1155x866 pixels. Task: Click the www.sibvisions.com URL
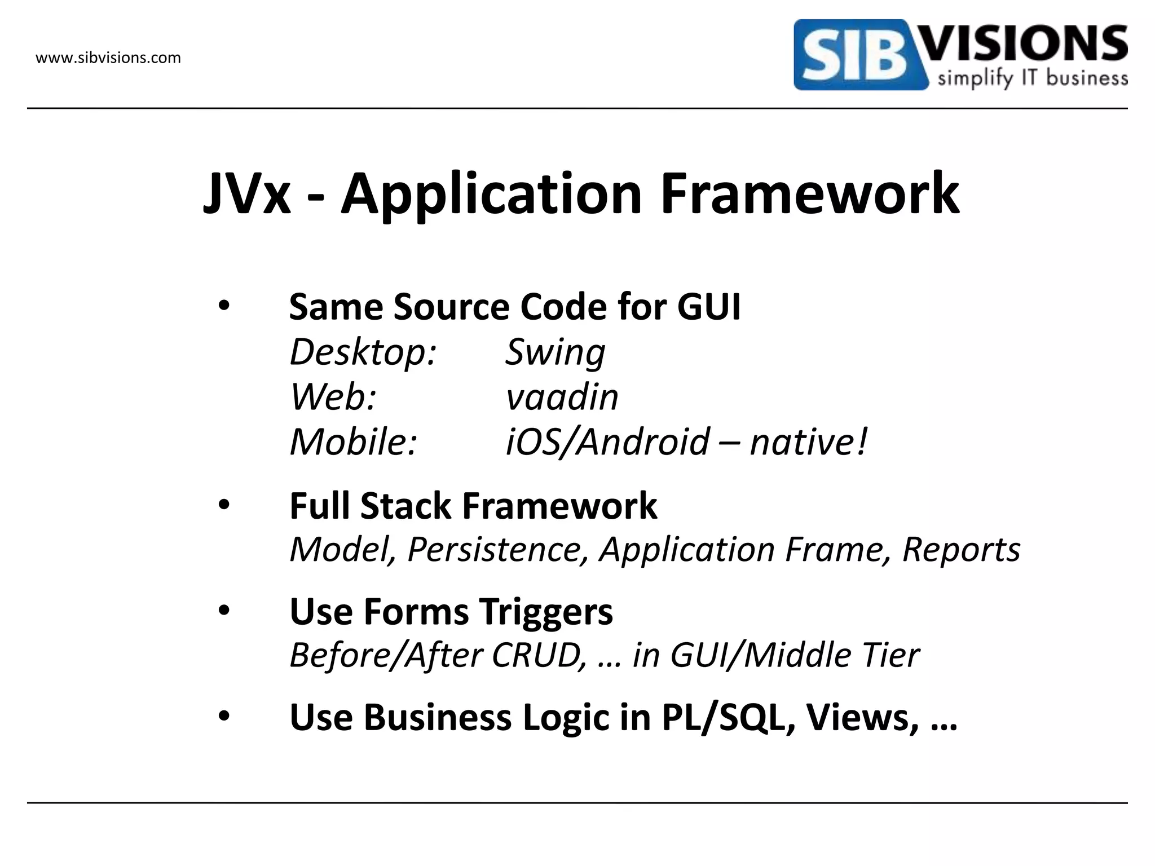(108, 58)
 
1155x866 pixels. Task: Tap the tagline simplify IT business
(1032, 78)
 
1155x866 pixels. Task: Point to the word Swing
(555, 352)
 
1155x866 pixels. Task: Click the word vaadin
(562, 397)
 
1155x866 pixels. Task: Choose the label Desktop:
(363, 352)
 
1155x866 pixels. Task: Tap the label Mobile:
(353, 441)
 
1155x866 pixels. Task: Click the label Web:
(333, 397)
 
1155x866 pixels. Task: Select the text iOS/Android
(607, 441)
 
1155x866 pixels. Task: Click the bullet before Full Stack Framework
(224, 505)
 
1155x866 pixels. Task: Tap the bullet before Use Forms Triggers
(224, 611)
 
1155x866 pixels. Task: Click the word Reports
(961, 549)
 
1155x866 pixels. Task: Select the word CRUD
(539, 655)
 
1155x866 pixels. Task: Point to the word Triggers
(546, 612)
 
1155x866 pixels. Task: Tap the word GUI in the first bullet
(708, 307)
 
